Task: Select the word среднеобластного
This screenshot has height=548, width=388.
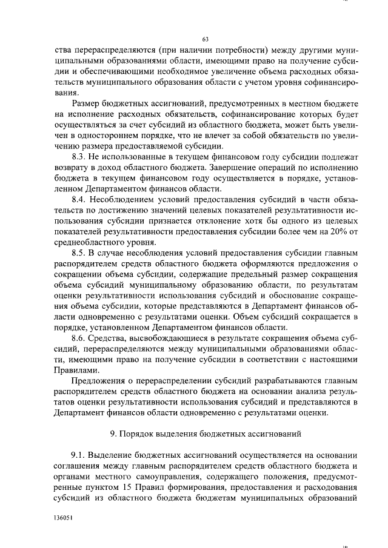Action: [x=91, y=242]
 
